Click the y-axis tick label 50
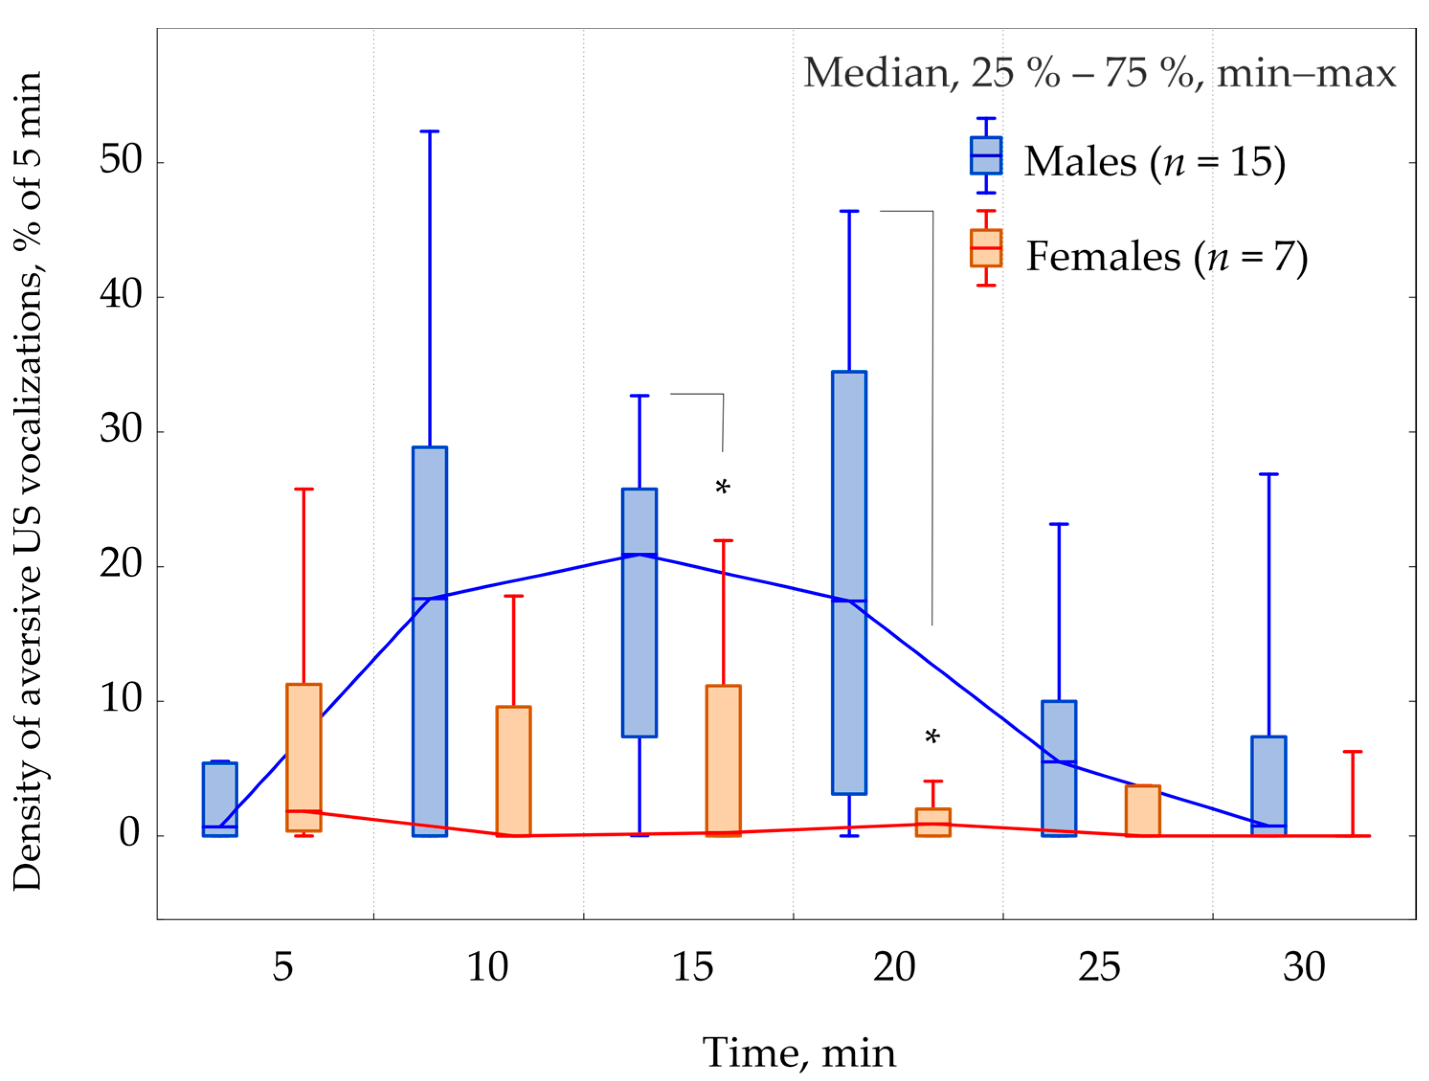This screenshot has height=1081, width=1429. click(120, 160)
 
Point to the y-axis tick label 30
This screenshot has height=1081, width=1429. click(120, 429)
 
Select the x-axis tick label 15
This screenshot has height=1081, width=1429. click(693, 967)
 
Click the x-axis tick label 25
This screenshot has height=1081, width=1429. click(1099, 967)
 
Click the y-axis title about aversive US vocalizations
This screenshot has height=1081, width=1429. click(28, 481)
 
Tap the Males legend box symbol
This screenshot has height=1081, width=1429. click(986, 156)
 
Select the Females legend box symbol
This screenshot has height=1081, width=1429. click(986, 248)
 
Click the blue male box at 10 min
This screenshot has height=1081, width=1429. click(430, 641)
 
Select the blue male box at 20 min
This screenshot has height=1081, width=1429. click(849, 582)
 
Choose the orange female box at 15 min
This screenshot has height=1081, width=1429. click(723, 760)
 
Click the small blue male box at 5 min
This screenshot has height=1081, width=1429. click(220, 799)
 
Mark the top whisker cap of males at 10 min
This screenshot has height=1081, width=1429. click(430, 131)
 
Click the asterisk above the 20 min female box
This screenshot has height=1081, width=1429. click(932, 736)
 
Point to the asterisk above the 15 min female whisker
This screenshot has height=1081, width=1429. click(723, 487)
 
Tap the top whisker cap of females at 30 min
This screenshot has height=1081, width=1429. click(1353, 751)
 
